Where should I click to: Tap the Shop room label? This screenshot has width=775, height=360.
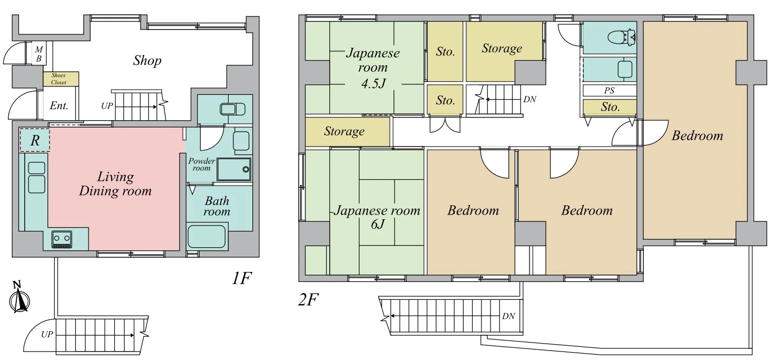point(148,61)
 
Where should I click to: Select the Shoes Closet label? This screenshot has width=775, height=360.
point(58,79)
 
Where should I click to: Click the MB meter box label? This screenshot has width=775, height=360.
point(39,54)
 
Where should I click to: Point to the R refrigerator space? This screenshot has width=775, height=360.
point(35,140)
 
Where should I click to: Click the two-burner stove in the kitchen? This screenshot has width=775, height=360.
point(62,239)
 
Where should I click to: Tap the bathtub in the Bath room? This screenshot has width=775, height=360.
point(207,237)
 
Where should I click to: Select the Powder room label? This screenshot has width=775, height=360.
point(201,164)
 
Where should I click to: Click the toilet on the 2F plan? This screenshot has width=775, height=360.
point(622,38)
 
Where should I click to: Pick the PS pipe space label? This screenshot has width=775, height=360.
point(609,91)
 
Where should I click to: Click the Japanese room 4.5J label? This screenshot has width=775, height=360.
point(372,68)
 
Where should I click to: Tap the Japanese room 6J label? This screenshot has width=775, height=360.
point(377,217)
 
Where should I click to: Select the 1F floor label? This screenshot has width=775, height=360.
point(241,278)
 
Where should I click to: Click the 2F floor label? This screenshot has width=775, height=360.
point(308,299)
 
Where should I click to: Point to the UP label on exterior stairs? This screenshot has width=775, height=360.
point(47,334)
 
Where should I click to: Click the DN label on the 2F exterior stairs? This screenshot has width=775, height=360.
point(508,316)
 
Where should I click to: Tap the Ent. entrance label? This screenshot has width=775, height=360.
point(59,105)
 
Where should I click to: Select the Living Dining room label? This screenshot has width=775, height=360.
point(115,184)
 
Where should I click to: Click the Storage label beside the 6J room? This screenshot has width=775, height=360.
point(344,131)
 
